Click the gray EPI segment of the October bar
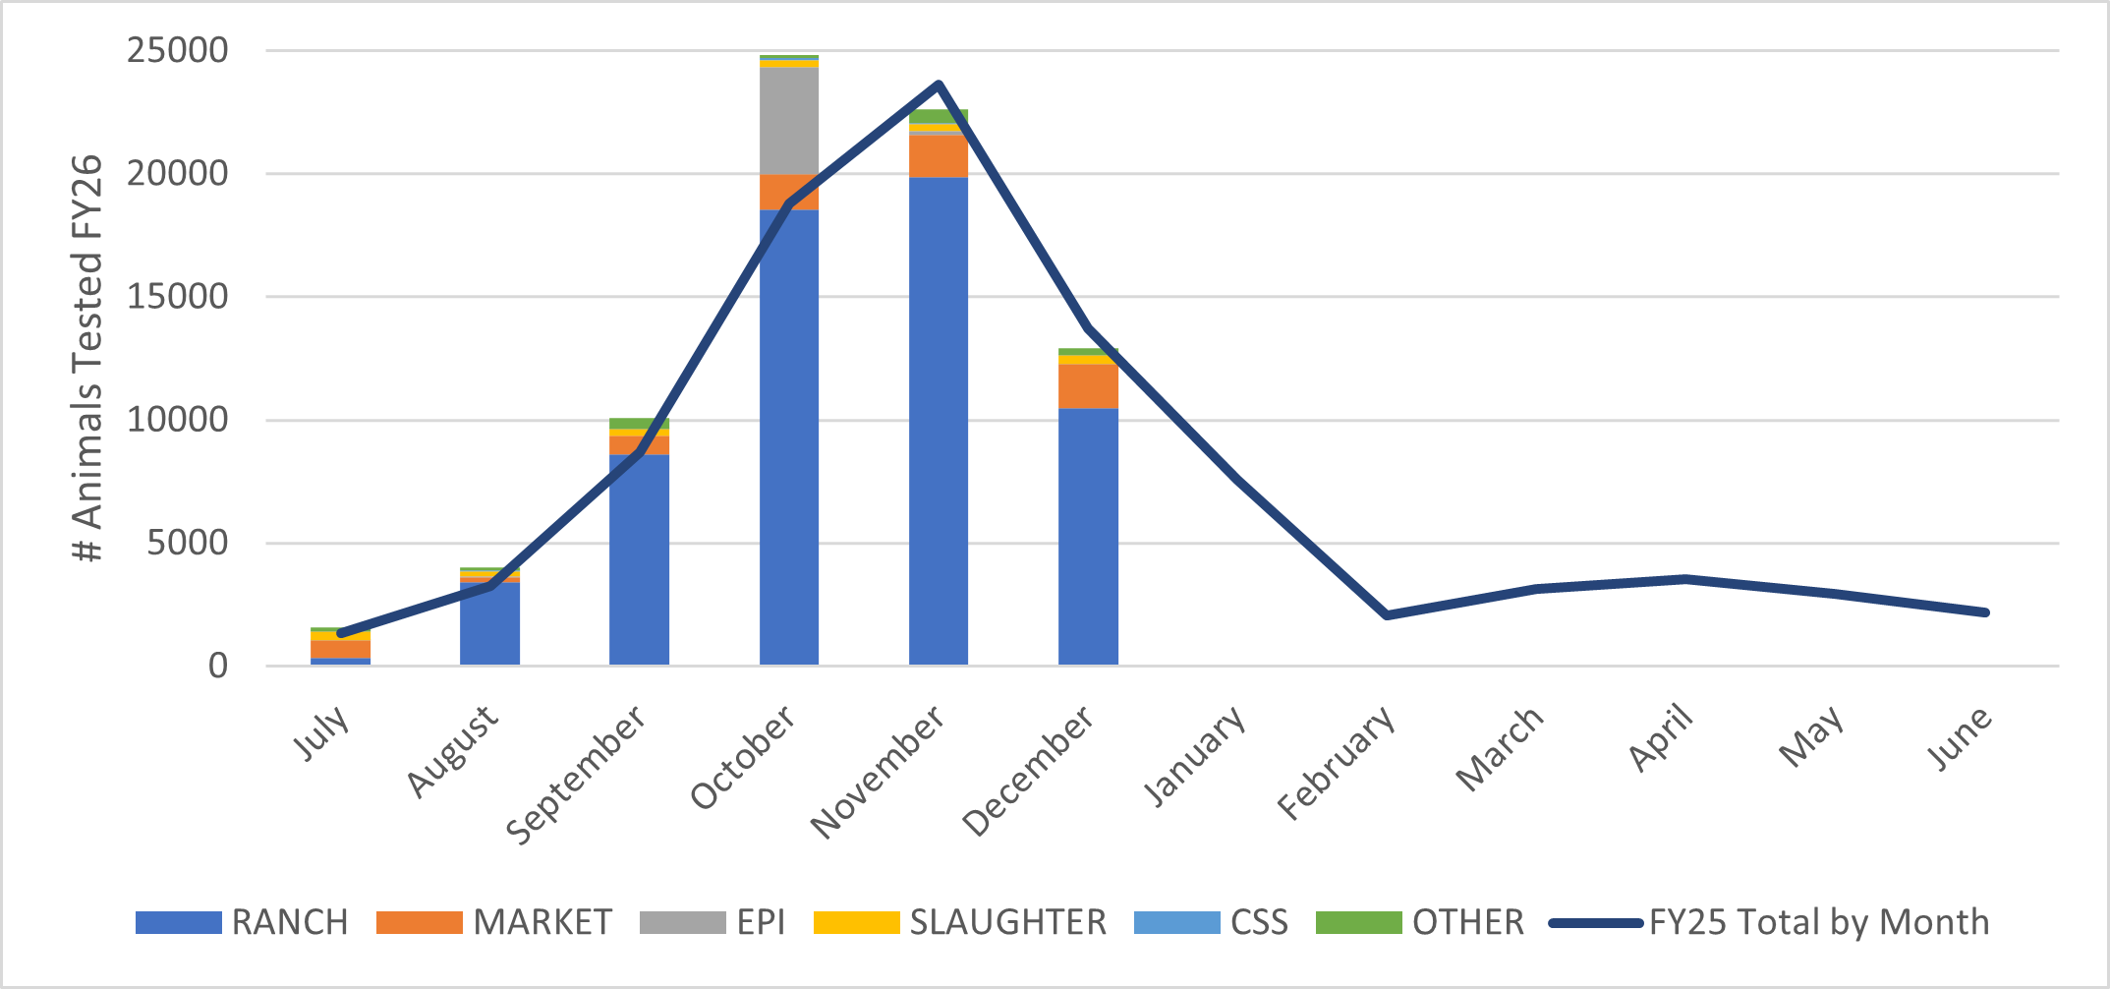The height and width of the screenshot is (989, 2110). coord(788,120)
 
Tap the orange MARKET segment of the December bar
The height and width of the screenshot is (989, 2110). coord(1088,386)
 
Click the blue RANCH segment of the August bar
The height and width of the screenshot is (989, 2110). coord(489,623)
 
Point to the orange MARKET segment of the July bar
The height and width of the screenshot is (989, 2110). coord(340,649)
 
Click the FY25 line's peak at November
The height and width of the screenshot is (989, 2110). coord(939,85)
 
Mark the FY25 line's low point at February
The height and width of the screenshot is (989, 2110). coord(1387,615)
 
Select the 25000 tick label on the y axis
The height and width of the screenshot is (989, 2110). coord(177,50)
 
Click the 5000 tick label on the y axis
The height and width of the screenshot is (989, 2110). coord(187,543)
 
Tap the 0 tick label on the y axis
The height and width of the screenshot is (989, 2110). coord(217,667)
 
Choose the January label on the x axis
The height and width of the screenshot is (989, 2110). coord(1195,754)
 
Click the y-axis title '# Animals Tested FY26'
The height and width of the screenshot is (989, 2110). coord(88,358)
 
